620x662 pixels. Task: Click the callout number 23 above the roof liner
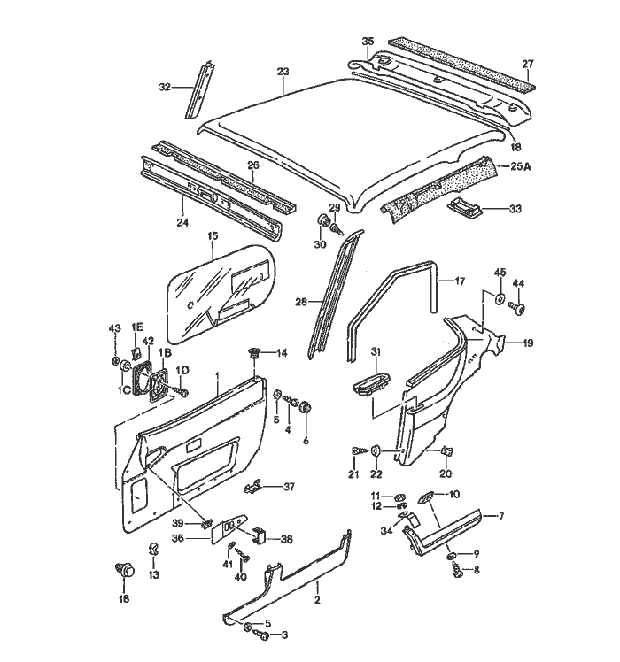pyautogui.click(x=283, y=72)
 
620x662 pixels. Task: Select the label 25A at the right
pyautogui.click(x=522, y=165)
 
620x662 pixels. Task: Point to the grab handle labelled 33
pyautogui.click(x=463, y=207)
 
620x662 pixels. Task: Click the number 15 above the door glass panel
pyautogui.click(x=213, y=235)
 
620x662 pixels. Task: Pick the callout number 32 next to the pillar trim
pyautogui.click(x=164, y=87)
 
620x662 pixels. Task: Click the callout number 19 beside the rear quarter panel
pyautogui.click(x=528, y=343)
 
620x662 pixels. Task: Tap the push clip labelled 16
pyautogui.click(x=124, y=572)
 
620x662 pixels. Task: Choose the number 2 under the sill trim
pyautogui.click(x=317, y=598)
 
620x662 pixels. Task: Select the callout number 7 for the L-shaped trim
pyautogui.click(x=500, y=515)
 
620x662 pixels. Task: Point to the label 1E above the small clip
pyautogui.click(x=137, y=327)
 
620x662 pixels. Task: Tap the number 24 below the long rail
pyautogui.click(x=181, y=223)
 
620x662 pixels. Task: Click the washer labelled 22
pyautogui.click(x=376, y=451)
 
